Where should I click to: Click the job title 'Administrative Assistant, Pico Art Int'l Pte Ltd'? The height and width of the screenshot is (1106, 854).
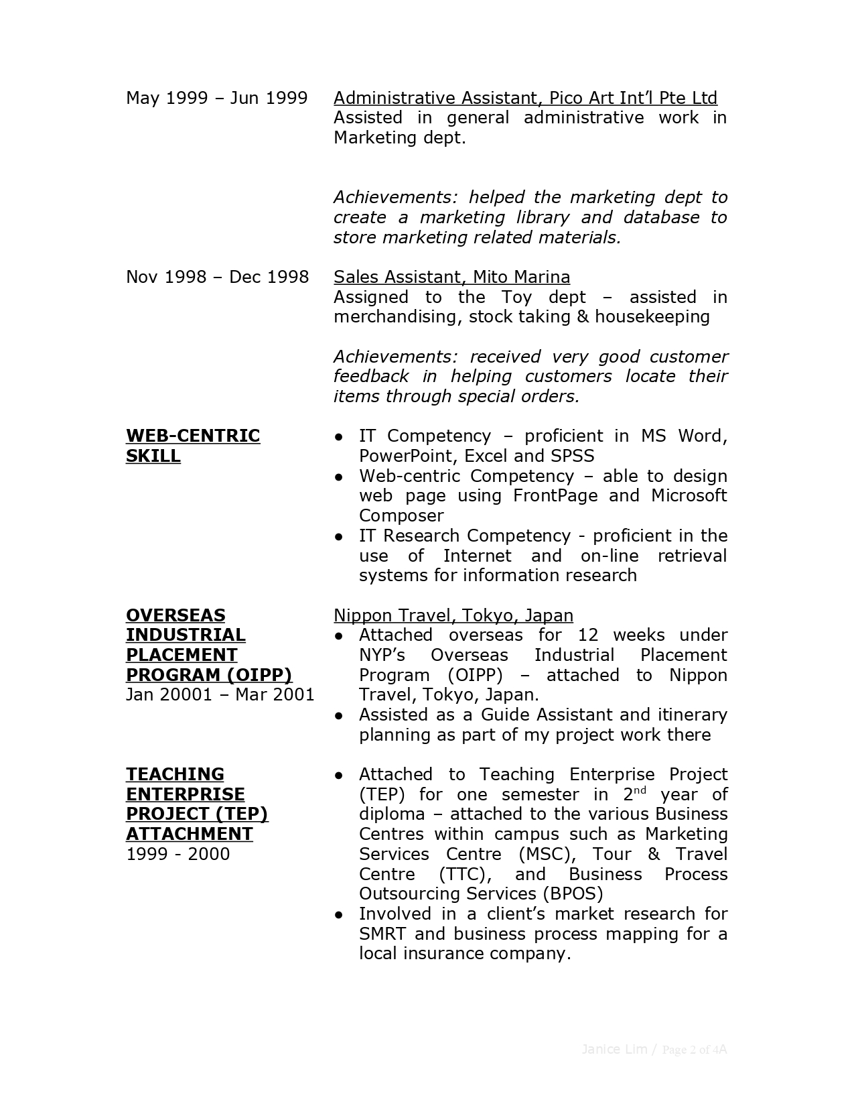point(525,98)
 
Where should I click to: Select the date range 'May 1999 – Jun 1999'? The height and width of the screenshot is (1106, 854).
point(216,98)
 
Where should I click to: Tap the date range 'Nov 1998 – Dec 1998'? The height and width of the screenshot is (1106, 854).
point(217,277)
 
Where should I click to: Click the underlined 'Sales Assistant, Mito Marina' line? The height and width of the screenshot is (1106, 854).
point(451,277)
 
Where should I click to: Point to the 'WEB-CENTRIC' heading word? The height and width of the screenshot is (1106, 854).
point(193,436)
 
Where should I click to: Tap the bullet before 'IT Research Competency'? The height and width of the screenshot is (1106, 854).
point(340,536)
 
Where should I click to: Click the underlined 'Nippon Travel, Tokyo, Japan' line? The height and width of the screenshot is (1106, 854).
point(453,615)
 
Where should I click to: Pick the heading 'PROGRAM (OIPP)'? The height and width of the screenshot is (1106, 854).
point(209,674)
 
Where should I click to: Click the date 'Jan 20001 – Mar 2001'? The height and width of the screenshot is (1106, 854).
point(220,694)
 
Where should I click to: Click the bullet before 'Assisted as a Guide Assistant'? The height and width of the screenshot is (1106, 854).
point(340,715)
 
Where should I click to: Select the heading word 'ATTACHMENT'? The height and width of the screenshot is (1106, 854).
point(190,834)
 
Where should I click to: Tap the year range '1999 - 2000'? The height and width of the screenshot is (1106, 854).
point(177,854)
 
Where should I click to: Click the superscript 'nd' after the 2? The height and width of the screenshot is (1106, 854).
point(640,790)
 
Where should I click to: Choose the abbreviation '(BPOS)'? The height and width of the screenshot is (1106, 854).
point(573,894)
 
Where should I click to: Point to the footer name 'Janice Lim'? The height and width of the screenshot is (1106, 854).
point(614,1049)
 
